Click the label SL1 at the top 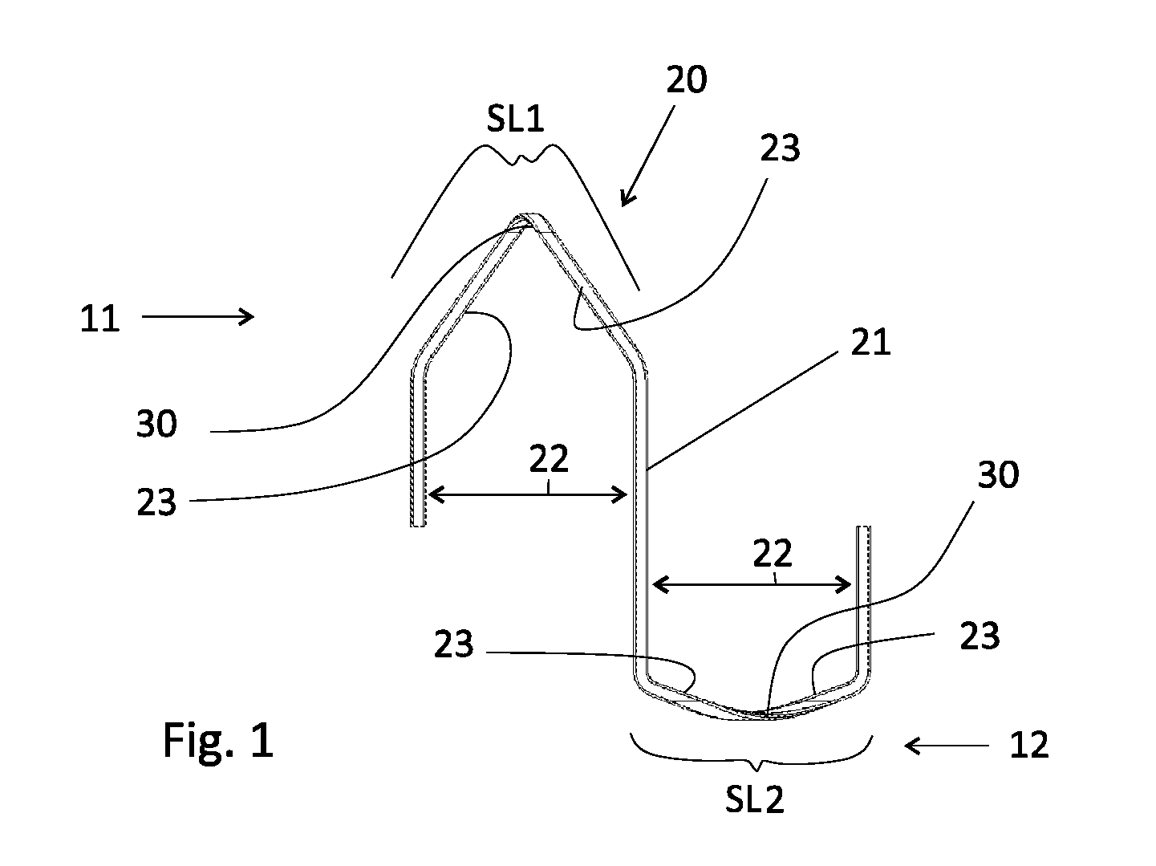pyautogui.click(x=514, y=119)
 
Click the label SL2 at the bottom pyautogui.click(x=754, y=800)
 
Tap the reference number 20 pyautogui.click(x=686, y=80)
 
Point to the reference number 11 pyautogui.click(x=99, y=319)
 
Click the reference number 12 pyautogui.click(x=1029, y=746)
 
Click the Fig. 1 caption pyautogui.click(x=218, y=739)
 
